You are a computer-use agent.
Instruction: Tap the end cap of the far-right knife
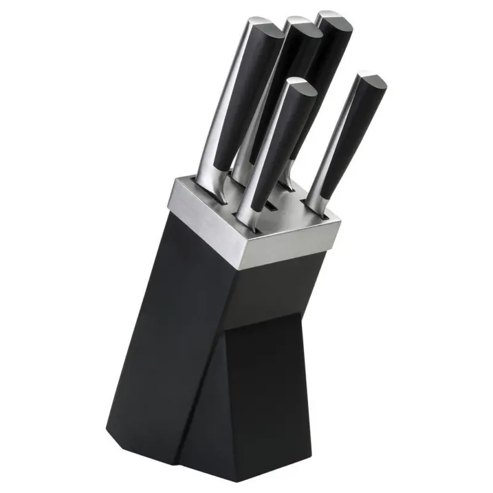[372, 81]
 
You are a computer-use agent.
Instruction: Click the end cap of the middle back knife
[301, 25]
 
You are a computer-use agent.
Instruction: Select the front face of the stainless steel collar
[290, 243]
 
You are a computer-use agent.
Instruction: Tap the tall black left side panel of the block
[166, 320]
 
